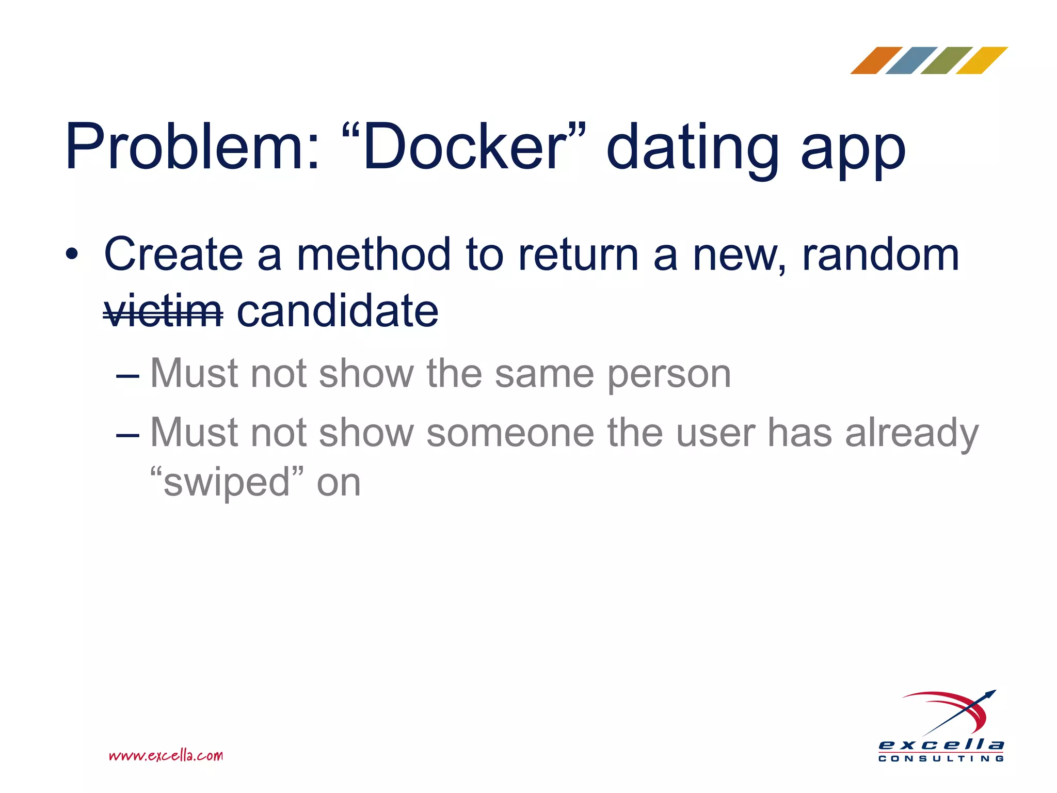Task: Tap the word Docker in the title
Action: pyautogui.click(x=465, y=147)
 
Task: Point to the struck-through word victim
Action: pyautogui.click(x=163, y=311)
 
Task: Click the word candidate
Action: pyautogui.click(x=338, y=311)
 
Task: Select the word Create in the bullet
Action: pyautogui.click(x=173, y=255)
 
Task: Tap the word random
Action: pyautogui.click(x=880, y=255)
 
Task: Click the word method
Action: pyautogui.click(x=374, y=255)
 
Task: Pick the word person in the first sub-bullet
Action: pyautogui.click(x=669, y=375)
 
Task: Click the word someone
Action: pyautogui.click(x=510, y=433)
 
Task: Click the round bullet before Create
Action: pyautogui.click(x=72, y=255)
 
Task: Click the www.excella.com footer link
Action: pyautogui.click(x=166, y=756)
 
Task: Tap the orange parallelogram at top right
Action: pyautogui.click(x=876, y=60)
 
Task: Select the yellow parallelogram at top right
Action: pyautogui.click(x=982, y=60)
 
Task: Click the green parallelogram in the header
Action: pyautogui.click(x=947, y=60)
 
